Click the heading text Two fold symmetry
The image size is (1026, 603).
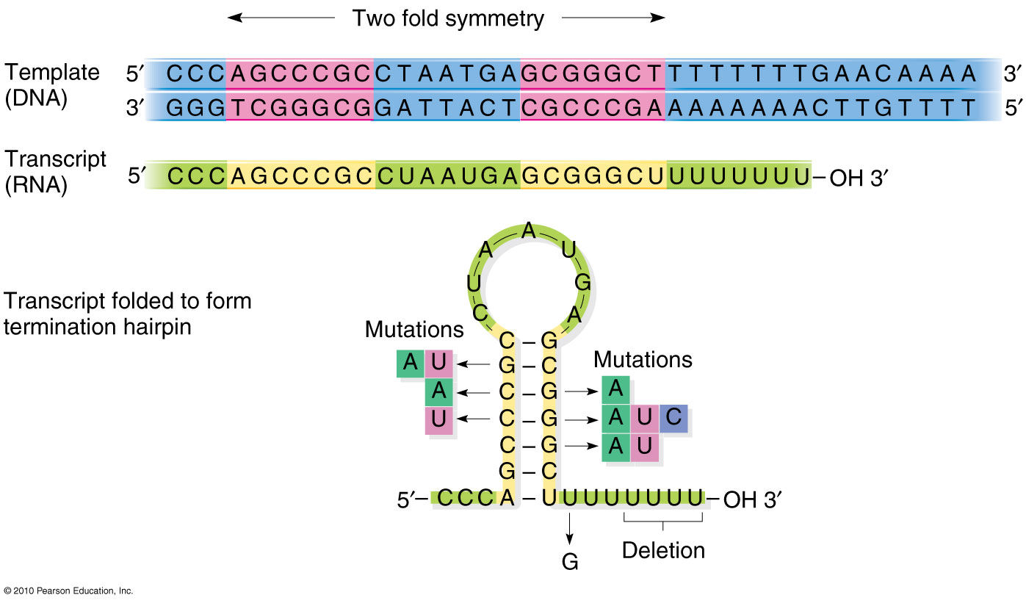(448, 18)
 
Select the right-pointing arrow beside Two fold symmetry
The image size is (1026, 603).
(613, 18)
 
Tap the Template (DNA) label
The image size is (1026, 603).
(51, 85)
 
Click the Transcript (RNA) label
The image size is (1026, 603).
(55, 172)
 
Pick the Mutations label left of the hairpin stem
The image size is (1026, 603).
(414, 330)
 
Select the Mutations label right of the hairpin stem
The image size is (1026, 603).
(643, 359)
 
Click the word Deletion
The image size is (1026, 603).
(663, 550)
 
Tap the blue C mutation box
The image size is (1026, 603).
(673, 419)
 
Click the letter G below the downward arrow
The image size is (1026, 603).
(570, 562)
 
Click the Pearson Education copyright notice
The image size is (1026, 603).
(68, 591)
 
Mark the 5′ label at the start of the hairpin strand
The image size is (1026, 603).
(409, 500)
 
